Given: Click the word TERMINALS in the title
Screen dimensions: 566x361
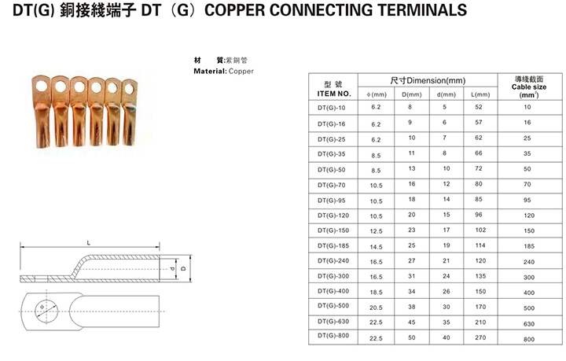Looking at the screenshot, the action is coord(422,9).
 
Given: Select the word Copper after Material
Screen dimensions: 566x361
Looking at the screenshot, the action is coord(241,71).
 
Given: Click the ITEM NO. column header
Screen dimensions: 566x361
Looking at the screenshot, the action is coord(334,94).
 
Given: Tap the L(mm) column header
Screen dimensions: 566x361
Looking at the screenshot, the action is coord(480,94).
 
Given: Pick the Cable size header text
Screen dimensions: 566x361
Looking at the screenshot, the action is coord(529,87).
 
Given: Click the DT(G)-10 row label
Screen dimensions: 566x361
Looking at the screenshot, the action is coord(332,108).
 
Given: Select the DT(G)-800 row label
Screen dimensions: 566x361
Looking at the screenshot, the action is coord(333,335).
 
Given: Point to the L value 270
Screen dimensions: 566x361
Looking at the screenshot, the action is coord(480,337).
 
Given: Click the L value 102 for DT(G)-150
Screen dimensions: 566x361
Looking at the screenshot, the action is coord(480,230).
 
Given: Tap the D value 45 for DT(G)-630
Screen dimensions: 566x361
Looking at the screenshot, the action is coord(411,322).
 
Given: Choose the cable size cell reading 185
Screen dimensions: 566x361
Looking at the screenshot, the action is coord(529,246).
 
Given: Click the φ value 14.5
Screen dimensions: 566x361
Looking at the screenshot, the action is coord(376,247).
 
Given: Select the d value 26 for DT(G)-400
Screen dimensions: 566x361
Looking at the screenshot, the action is coord(447,291).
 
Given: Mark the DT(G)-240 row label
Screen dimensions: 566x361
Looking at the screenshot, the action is coord(333,260).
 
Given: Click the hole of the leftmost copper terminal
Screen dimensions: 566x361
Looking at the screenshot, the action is coord(42,87).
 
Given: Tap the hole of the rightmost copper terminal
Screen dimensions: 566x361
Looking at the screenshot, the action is coord(129,88).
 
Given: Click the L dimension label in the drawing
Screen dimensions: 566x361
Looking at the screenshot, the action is coord(89,243).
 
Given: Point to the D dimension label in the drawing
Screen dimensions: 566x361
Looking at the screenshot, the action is coord(183,268).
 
